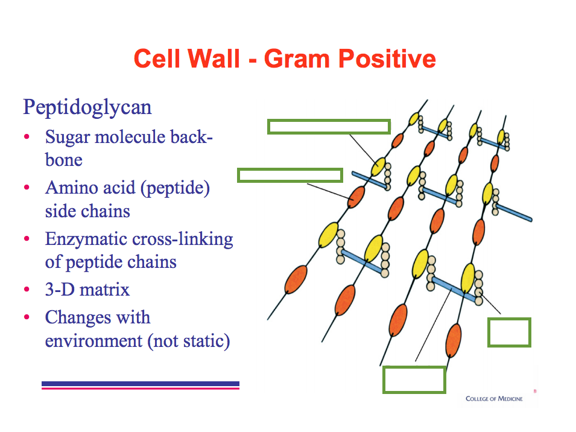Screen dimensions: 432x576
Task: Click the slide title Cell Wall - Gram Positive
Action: (284, 59)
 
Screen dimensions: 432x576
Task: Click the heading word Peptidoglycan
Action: (87, 107)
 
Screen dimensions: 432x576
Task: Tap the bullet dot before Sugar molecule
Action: (27, 138)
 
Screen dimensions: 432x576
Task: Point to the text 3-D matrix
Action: (87, 290)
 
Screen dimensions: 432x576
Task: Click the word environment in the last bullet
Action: (93, 341)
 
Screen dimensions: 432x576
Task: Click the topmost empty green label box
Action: (329, 127)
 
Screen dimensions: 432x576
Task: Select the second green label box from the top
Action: (290, 176)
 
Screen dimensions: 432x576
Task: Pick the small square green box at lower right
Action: (509, 332)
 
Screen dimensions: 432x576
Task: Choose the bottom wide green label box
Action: (414, 380)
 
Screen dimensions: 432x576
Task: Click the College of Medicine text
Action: (494, 398)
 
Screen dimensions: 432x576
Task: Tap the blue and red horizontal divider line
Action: (141, 385)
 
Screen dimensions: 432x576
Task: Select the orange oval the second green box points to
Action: (356, 196)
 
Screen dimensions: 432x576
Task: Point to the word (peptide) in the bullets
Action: (179, 188)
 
